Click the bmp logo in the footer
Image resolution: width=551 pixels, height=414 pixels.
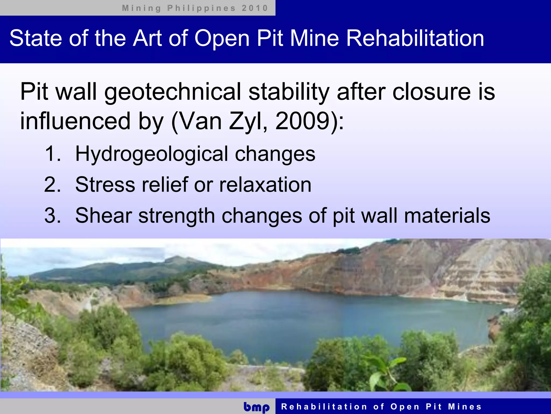point(256,407)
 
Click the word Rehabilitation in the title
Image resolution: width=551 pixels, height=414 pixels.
point(415,38)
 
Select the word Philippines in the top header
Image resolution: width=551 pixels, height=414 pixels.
point(201,8)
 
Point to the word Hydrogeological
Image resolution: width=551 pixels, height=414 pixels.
point(152,154)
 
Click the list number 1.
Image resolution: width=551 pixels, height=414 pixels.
point(52,154)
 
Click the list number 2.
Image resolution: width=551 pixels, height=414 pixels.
point(52,185)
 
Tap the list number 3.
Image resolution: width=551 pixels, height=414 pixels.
point(52,216)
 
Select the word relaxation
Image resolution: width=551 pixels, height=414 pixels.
point(265,185)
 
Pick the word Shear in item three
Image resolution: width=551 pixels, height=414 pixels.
point(104,216)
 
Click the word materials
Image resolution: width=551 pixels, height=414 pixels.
point(447,216)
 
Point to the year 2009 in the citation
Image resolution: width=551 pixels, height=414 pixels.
point(302,121)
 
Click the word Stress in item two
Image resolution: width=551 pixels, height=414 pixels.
point(105,185)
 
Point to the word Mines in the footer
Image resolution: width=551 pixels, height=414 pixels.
point(465,406)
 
